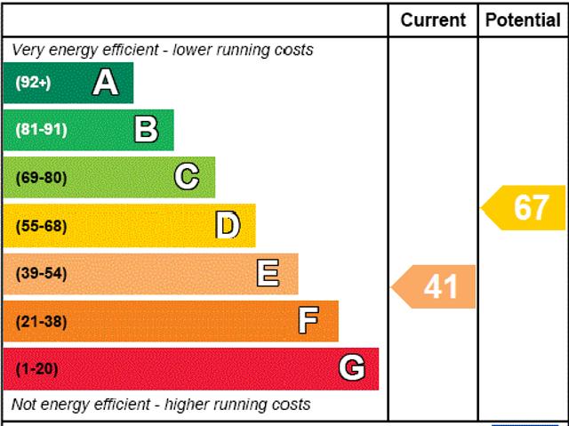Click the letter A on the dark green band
click(x=105, y=83)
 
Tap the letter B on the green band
click(x=146, y=130)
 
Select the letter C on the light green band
click(x=187, y=177)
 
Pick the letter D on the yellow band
click(x=228, y=226)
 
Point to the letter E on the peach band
click(x=268, y=273)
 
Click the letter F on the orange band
click(x=309, y=321)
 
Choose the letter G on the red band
click(x=352, y=368)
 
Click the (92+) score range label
click(x=34, y=83)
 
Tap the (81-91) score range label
click(x=41, y=130)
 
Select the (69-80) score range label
click(x=41, y=177)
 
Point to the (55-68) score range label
click(x=41, y=226)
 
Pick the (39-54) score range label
click(x=41, y=273)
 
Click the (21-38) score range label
click(x=41, y=321)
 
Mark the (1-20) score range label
click(x=36, y=368)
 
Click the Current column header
click(x=433, y=20)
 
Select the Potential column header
click(x=523, y=20)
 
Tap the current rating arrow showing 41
click(x=435, y=286)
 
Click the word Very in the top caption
click(x=28, y=50)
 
